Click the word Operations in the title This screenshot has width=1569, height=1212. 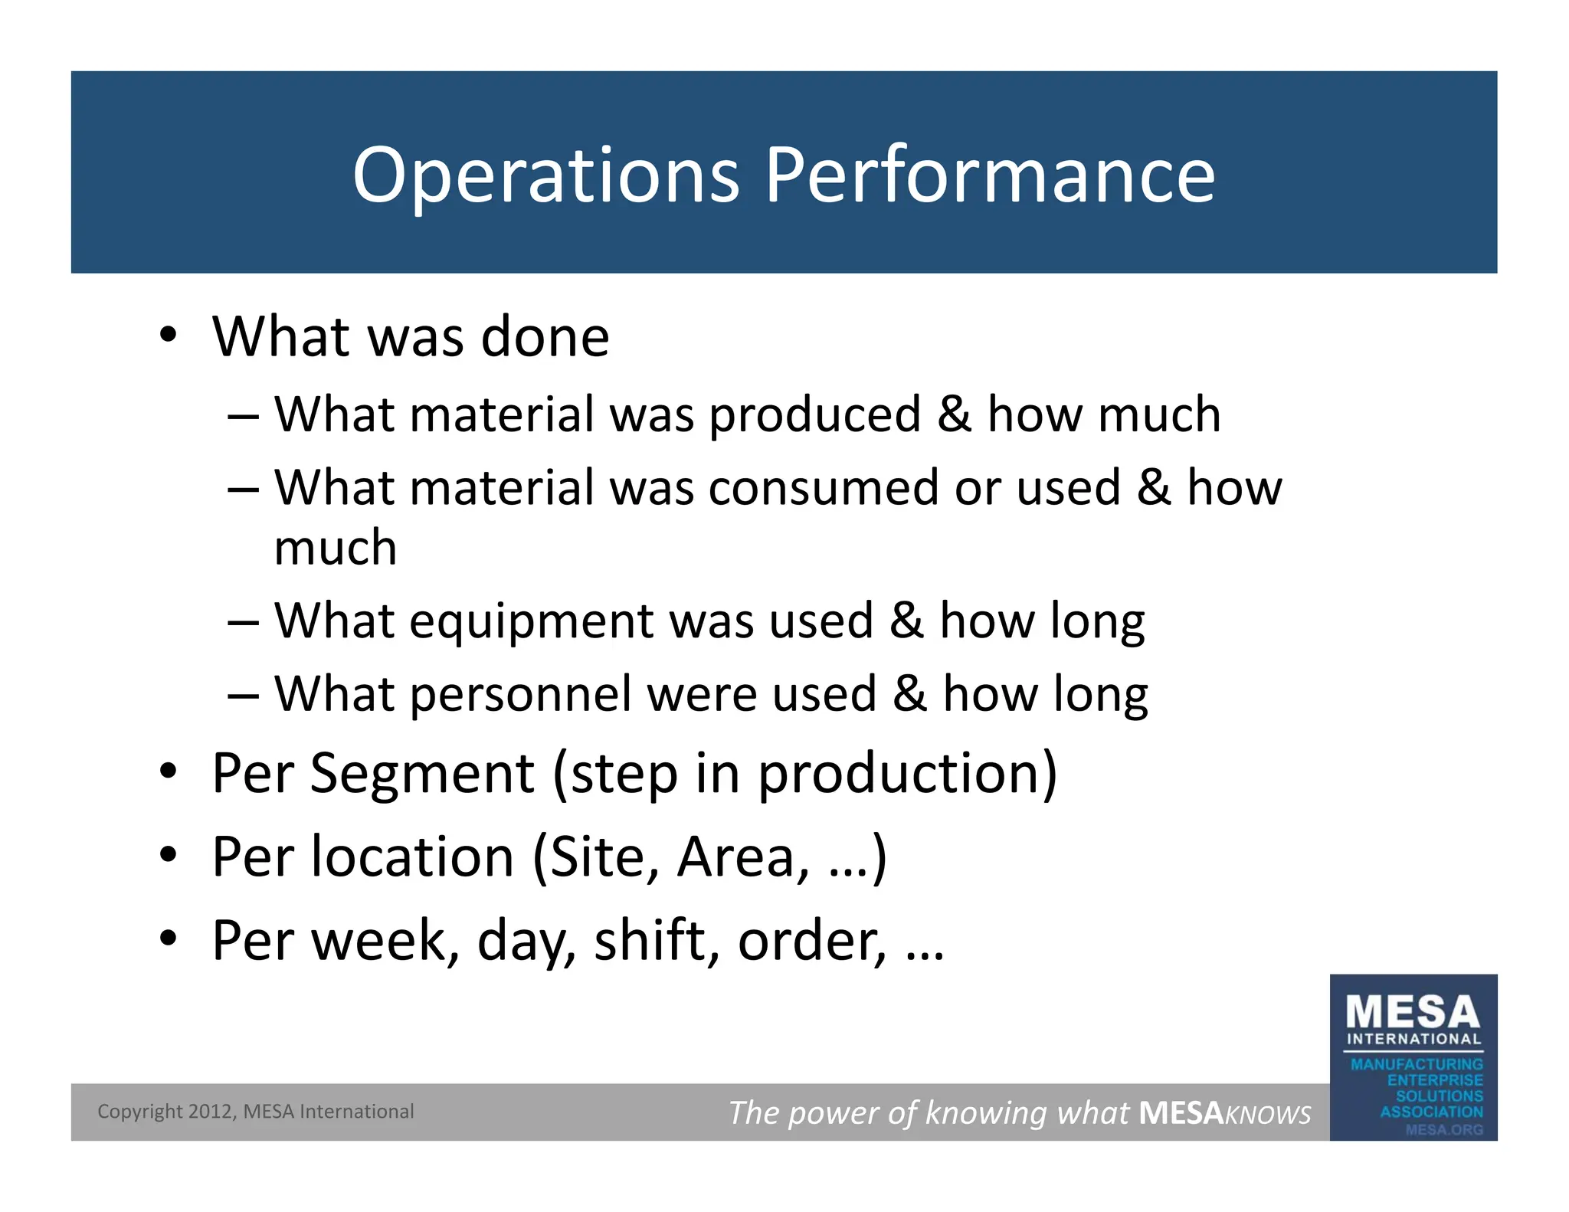tap(545, 176)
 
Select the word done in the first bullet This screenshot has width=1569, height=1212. tap(545, 337)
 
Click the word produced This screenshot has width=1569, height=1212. tap(814, 415)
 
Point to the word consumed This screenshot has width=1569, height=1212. tap(824, 489)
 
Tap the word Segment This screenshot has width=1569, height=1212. tap(422, 774)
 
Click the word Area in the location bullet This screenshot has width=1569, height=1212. tap(742, 857)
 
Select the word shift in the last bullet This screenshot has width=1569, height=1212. tap(657, 942)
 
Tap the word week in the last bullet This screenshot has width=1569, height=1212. tap(378, 942)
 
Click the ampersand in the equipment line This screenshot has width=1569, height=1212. tap(906, 621)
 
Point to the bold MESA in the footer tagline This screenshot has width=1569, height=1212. tap(1181, 1113)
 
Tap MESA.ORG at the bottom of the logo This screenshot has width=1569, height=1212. tap(1443, 1129)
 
